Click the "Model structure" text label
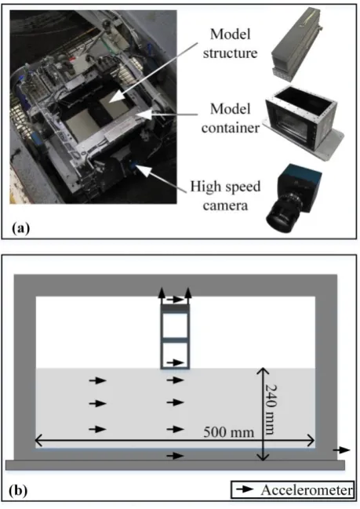[x=230, y=44]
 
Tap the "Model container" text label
[x=230, y=118]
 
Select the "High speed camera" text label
[x=225, y=196]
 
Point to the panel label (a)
[x=20, y=228]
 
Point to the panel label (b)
[x=18, y=490]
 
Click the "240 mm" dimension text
[x=271, y=409]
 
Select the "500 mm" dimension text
[x=228, y=432]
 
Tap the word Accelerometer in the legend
[x=307, y=490]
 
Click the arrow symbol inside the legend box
[x=245, y=489]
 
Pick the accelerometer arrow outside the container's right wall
[x=341, y=450]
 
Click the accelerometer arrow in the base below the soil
[x=175, y=456]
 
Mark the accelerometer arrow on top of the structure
[x=175, y=300]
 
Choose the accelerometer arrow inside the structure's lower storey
[x=175, y=362]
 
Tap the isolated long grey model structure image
[x=295, y=45]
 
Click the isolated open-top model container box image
[x=304, y=122]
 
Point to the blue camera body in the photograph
[x=133, y=168]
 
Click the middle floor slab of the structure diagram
[x=175, y=340]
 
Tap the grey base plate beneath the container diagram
[x=175, y=465]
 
